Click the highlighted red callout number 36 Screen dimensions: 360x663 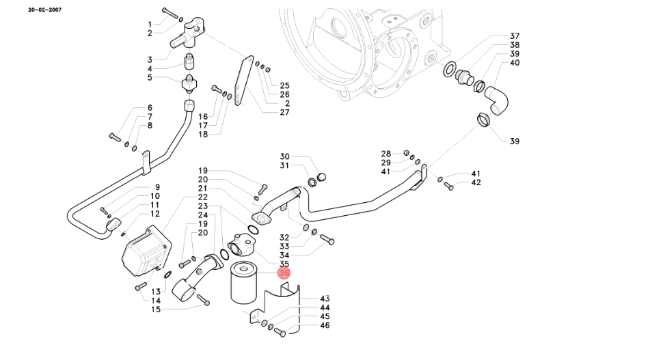coord(284,273)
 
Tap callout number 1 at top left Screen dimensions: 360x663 coord(150,25)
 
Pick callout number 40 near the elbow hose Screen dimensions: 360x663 coord(515,63)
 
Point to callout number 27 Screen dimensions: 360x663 coord(284,112)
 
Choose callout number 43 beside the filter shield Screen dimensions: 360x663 coord(325,299)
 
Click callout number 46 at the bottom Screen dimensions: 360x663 coord(325,325)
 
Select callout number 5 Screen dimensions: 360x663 coord(150,77)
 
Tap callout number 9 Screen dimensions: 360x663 coord(157,187)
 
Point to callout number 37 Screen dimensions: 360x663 coord(515,36)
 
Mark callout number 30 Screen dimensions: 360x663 coord(285,156)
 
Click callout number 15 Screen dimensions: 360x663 coord(156,309)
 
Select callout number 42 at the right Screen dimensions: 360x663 coord(476,182)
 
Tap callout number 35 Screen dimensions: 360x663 coord(284,264)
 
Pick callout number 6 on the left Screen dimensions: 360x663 coord(150,108)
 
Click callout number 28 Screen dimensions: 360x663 coord(386,153)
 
